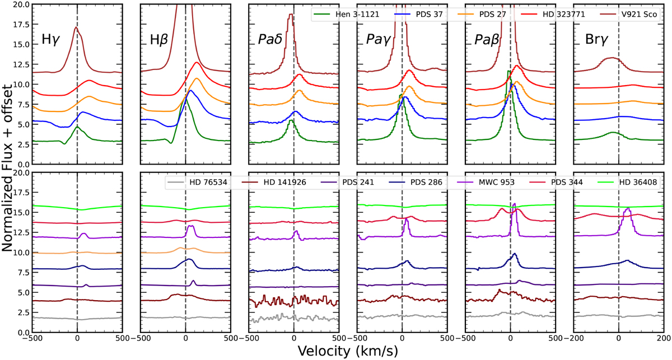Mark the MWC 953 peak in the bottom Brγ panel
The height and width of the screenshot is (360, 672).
click(628, 208)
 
